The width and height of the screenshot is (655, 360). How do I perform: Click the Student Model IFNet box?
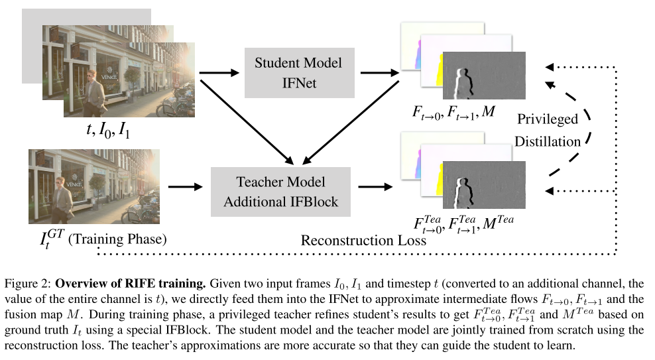[x=298, y=72]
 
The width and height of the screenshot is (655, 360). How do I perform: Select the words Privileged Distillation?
[x=549, y=130]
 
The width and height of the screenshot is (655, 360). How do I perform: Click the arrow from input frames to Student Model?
[x=220, y=72]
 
